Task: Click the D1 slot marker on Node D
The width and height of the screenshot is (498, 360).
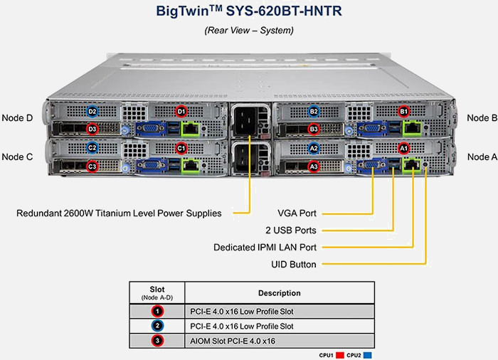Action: tap(181, 112)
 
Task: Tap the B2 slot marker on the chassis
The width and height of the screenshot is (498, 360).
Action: tap(314, 112)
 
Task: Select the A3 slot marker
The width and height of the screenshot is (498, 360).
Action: tap(314, 166)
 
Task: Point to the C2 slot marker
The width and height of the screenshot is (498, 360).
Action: tap(92, 148)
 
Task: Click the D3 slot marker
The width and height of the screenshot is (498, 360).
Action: tap(92, 129)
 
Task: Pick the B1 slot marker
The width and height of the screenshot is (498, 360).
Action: tap(404, 112)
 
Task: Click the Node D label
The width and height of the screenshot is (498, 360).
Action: tap(18, 118)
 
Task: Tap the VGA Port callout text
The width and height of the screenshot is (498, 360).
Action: tap(297, 213)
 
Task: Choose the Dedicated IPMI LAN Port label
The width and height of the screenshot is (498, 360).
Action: tap(265, 248)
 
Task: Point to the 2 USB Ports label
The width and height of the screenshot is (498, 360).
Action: tap(290, 230)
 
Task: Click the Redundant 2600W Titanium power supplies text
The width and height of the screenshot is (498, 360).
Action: tap(119, 213)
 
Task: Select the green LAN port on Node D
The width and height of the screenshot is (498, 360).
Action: tap(191, 129)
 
